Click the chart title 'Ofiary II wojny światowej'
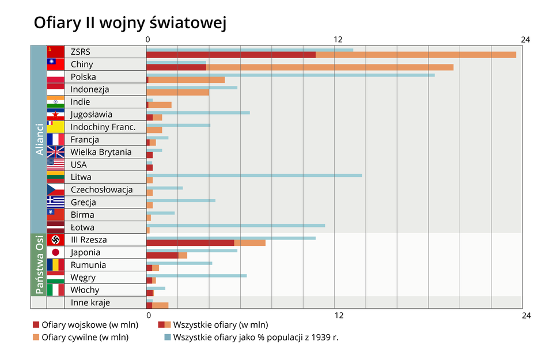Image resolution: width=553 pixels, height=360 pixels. tap(130, 22)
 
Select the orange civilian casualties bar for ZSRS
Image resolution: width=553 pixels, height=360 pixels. tap(415, 55)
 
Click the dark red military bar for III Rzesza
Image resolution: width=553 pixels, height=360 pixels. tap(190, 242)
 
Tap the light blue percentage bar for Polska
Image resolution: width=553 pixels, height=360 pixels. tap(291, 75)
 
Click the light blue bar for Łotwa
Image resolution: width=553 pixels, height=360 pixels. tap(236, 225)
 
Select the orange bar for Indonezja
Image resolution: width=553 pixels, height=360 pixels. tap(178, 92)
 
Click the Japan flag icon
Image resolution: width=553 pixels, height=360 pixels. tap(55, 252)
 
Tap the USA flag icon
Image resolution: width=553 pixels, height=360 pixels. tap(55, 165)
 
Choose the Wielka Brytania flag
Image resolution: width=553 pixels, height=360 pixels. tap(55, 152)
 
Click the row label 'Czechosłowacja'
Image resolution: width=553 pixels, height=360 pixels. tap(101, 190)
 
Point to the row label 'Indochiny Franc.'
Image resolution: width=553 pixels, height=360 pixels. tap(103, 127)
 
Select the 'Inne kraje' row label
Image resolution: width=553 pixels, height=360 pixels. tap(90, 302)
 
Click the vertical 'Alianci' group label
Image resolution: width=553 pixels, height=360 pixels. tap(39, 139)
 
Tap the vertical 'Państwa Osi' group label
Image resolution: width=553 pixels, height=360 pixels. tap(39, 264)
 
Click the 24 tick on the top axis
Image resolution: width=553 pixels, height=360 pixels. tap(525, 39)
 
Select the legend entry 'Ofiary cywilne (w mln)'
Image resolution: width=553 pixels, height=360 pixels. tap(85, 338)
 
